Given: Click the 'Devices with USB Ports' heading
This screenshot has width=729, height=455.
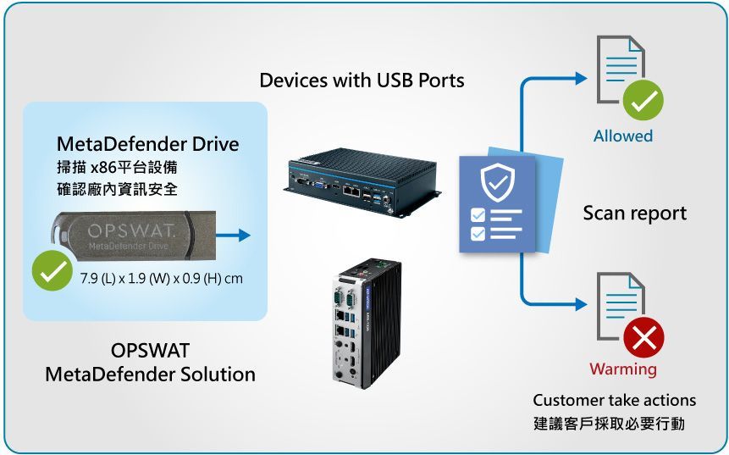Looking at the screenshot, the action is click(x=362, y=80).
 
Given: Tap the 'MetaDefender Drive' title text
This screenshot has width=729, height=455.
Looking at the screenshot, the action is click(x=148, y=144).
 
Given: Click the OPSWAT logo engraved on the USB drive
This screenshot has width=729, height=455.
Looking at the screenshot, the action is click(x=130, y=230).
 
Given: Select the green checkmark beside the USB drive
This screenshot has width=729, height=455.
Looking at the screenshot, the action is click(x=52, y=270).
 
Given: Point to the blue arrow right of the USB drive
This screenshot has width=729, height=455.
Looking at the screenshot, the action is click(x=233, y=235).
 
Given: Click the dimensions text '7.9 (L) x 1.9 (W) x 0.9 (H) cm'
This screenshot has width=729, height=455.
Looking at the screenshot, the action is click(x=162, y=279).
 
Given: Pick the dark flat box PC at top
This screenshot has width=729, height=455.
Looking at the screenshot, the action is click(x=362, y=183).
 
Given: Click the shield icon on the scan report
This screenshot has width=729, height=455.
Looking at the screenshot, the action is click(x=498, y=182).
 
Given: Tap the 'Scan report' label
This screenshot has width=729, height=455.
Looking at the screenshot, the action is click(x=635, y=213).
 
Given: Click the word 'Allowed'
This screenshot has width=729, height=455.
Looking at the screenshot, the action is click(x=623, y=136).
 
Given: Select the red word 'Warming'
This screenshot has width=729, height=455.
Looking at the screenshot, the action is click(x=623, y=369).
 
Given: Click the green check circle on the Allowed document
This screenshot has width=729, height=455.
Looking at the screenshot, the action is click(x=643, y=101).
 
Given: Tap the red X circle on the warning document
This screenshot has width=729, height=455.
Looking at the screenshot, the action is click(x=644, y=337).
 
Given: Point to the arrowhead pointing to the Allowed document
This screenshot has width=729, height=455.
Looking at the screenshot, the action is click(x=581, y=78).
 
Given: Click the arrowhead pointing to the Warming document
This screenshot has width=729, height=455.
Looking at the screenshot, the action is click(x=581, y=304).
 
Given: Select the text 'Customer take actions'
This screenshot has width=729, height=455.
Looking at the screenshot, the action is click(x=614, y=400).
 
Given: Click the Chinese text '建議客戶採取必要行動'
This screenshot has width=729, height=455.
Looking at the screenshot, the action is click(x=609, y=424).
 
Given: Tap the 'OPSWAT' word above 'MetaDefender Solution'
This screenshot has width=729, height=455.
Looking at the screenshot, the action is click(x=150, y=350).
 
